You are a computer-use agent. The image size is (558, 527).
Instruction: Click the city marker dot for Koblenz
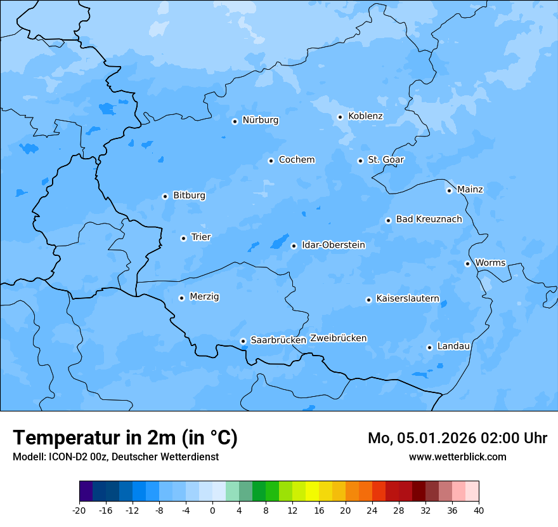(340, 117)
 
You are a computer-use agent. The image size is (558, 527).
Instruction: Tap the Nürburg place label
(260, 120)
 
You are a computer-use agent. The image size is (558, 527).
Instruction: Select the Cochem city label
(296, 160)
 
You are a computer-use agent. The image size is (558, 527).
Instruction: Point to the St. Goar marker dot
(360, 161)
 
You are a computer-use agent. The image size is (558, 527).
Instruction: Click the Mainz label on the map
(470, 190)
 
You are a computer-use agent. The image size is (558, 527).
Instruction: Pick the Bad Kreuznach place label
(429, 220)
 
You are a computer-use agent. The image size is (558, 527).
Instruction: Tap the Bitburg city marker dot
(165, 196)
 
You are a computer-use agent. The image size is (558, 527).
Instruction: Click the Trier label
(200, 237)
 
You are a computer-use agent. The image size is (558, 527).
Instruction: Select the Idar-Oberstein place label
(333, 245)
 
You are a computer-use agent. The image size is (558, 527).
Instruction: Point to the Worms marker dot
(467, 263)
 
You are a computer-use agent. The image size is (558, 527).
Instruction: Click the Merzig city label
(204, 297)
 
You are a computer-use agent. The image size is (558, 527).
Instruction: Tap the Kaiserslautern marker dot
(368, 300)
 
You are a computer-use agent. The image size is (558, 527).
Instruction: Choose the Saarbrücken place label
(278, 340)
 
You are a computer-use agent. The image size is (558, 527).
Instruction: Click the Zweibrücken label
(338, 338)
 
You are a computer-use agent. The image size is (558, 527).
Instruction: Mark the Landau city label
(453, 347)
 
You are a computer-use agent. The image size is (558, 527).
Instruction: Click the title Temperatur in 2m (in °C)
(126, 438)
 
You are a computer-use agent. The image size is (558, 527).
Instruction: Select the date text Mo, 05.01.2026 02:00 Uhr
(457, 438)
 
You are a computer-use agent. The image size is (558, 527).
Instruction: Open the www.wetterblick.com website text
(457, 457)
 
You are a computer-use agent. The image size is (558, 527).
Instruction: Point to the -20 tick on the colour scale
(79, 510)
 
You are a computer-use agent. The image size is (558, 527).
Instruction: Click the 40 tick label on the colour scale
(479, 510)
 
